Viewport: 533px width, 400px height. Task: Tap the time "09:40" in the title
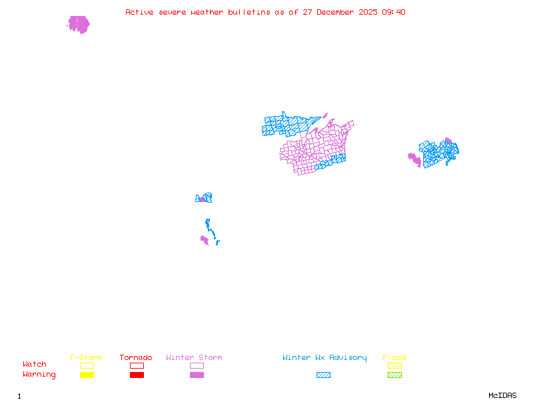[x=392, y=12]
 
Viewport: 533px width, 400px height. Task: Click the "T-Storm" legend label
[x=86, y=357]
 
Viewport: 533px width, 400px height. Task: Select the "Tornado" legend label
[x=136, y=357]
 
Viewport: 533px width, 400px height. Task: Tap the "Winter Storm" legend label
[x=194, y=357]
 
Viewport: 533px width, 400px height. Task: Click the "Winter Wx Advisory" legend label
[x=324, y=357]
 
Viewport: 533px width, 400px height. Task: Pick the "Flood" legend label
[x=394, y=357]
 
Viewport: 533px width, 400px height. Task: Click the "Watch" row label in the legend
[x=35, y=365]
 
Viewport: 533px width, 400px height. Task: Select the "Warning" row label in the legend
[x=39, y=375]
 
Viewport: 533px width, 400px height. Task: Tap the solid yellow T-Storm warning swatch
[x=87, y=375]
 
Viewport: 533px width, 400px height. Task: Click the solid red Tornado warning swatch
[x=137, y=375]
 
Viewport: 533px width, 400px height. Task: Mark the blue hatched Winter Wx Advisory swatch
[x=323, y=375]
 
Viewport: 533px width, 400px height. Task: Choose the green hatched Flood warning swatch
[x=394, y=375]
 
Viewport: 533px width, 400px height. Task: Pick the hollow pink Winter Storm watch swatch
[x=197, y=365]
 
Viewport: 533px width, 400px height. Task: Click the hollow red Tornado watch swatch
[x=137, y=365]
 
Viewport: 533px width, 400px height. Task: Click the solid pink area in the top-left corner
[x=79, y=25]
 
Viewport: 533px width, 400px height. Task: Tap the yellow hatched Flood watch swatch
[x=394, y=365]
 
